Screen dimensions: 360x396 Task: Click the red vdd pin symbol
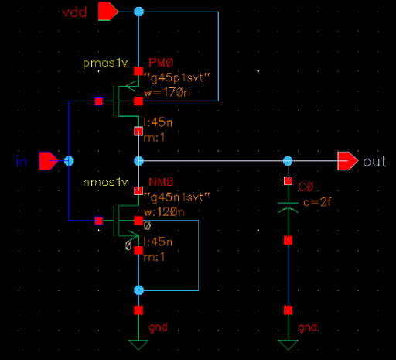coord(108,12)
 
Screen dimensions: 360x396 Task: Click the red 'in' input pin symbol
coord(49,160)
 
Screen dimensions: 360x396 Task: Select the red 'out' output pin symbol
coord(347,161)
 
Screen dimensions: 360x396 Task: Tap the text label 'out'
coord(374,161)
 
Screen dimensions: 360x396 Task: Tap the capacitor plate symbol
coord(288,207)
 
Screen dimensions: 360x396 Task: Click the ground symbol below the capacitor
coord(288,345)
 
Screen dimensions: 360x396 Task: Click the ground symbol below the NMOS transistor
coord(138,345)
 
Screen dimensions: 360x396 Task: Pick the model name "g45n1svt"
coord(172,198)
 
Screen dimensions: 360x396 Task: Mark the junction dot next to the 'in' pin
coord(69,161)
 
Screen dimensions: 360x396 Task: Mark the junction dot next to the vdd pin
coord(138,12)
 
